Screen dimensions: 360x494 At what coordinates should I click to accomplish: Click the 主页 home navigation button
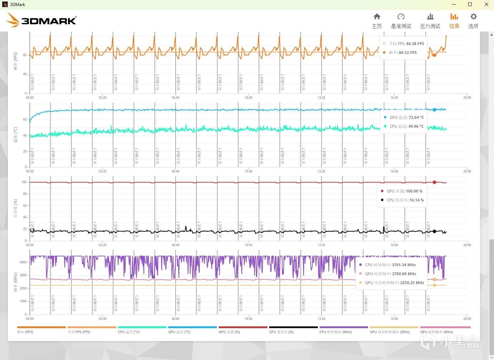377,21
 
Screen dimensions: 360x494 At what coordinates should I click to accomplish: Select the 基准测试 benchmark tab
401,21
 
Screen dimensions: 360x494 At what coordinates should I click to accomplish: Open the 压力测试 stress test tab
430,21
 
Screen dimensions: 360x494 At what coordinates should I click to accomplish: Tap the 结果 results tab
454,21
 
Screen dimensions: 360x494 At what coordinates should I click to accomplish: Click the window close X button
486,5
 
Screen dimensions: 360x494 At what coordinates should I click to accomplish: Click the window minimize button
454,5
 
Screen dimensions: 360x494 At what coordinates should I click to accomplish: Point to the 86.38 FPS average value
415,44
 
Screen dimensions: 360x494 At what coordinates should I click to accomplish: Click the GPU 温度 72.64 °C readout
407,117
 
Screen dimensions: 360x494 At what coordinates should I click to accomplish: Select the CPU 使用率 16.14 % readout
405,200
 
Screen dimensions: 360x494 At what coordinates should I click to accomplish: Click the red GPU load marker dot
435,182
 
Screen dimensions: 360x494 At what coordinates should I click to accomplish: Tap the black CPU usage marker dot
435,232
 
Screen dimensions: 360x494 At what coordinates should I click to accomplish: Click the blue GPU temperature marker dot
435,110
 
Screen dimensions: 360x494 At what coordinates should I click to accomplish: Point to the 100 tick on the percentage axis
24,182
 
